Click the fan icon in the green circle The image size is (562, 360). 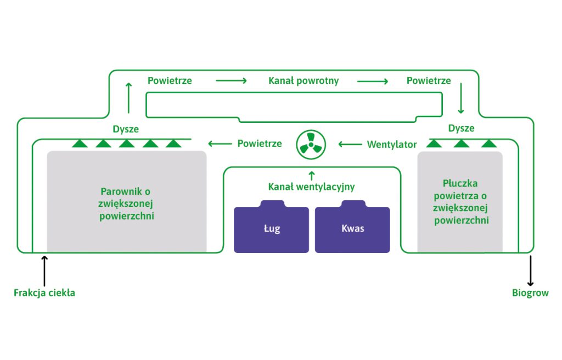[x=311, y=144]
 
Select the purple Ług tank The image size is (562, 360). [x=271, y=227]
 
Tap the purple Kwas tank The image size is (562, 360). [x=352, y=227]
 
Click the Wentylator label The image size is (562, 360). [x=392, y=144]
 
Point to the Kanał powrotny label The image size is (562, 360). [x=304, y=81]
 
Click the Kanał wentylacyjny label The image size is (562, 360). [x=312, y=187]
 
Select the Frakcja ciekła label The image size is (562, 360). [x=44, y=293]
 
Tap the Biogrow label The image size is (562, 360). [x=530, y=293]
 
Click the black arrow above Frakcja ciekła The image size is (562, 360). [x=44, y=271]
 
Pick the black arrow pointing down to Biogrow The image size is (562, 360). [x=531, y=271]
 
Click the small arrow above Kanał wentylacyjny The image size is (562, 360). [x=312, y=176]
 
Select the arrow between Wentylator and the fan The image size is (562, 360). [x=350, y=144]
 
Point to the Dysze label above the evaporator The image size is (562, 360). [x=126, y=129]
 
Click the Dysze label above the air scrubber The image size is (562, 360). [x=461, y=128]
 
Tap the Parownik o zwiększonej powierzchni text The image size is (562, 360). [x=126, y=204]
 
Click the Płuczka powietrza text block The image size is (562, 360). [x=460, y=202]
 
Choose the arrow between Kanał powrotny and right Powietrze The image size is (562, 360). [x=373, y=81]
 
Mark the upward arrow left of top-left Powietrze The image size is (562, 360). [x=128, y=98]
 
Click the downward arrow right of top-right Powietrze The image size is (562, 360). [x=461, y=98]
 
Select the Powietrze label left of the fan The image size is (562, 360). [x=260, y=144]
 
